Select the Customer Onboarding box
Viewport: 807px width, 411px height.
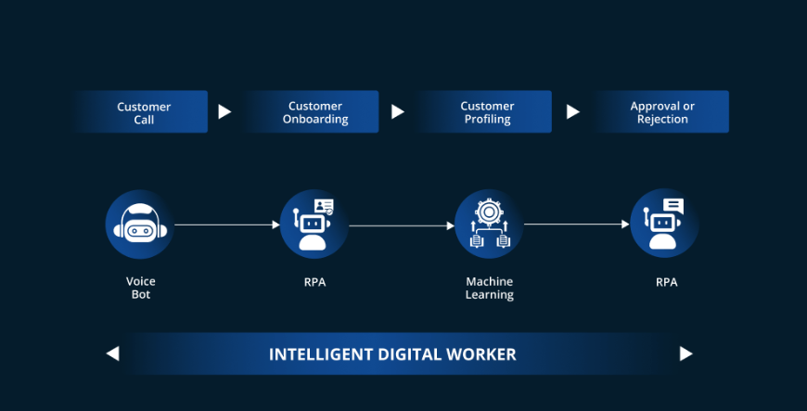pos(314,112)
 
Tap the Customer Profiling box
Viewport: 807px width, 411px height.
pos(487,112)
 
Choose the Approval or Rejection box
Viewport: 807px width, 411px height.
pos(661,112)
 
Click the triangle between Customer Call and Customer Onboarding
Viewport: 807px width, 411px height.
pos(224,112)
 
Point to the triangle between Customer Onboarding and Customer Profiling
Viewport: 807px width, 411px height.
pos(398,112)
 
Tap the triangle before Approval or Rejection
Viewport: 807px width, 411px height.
pos(573,112)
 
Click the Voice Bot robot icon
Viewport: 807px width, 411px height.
pos(140,225)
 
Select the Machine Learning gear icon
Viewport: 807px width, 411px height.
pos(489,225)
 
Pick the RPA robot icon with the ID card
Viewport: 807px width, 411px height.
pos(314,225)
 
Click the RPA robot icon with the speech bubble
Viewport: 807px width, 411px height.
pos(664,225)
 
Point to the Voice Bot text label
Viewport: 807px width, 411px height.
pos(140,288)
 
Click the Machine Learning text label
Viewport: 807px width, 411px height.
pos(489,288)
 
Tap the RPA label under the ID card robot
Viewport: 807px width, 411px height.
pos(314,282)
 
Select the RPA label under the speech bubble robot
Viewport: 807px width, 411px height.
pos(665,282)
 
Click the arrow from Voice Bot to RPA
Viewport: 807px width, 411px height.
pos(227,225)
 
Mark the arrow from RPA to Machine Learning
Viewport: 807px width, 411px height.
pos(402,225)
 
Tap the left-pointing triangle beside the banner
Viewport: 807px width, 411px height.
pos(112,353)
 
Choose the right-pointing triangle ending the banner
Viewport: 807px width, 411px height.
pos(686,353)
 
